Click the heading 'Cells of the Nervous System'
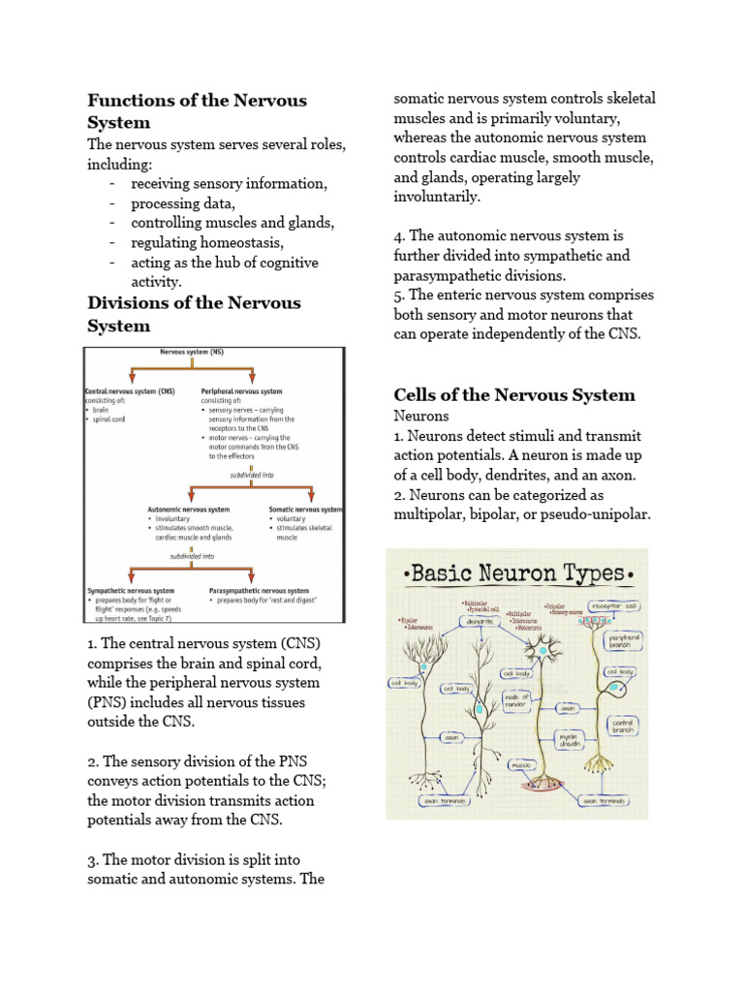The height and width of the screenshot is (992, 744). [514, 394]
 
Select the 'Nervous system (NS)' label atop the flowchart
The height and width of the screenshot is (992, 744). [192, 354]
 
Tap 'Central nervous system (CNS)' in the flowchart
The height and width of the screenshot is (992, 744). [131, 391]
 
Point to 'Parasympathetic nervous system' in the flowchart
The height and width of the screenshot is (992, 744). [259, 590]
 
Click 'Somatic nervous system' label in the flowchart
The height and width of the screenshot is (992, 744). [305, 509]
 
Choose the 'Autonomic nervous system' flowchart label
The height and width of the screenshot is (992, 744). [189, 509]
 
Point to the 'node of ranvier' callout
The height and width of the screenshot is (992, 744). [516, 700]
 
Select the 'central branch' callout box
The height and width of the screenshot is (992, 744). [621, 725]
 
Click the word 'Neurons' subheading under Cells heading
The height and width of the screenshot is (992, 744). [421, 416]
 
